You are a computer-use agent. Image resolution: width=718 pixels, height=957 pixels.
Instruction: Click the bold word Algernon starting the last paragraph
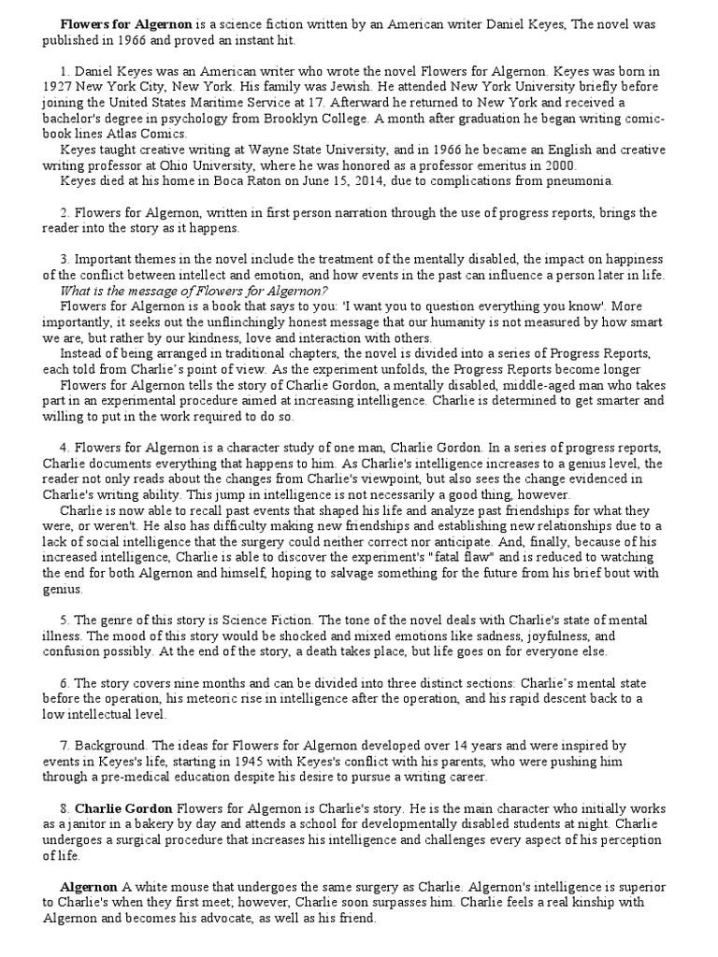[x=89, y=888]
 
